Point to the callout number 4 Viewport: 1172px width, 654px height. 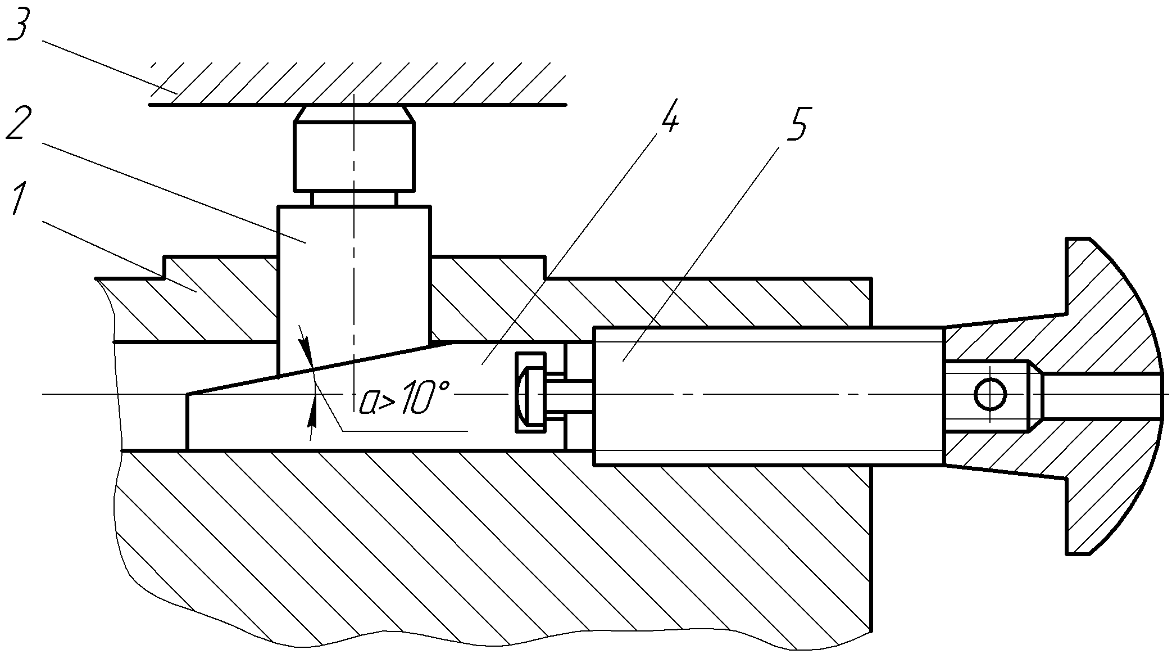667,116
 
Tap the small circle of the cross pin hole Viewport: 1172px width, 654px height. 990,394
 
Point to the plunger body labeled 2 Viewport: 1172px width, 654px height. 355,281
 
